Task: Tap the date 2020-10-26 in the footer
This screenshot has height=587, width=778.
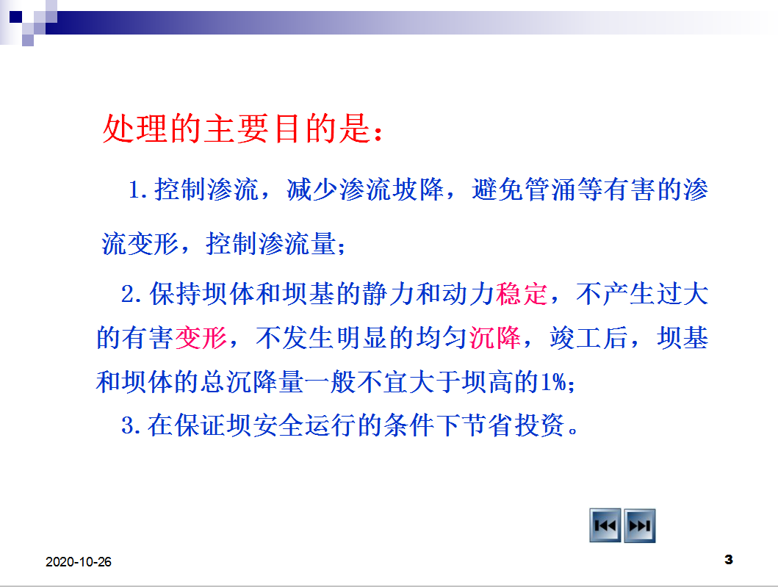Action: (x=79, y=562)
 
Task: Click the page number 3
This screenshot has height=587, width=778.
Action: (x=728, y=560)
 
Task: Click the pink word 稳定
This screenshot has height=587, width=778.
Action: (x=522, y=294)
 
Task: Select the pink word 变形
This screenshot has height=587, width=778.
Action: (x=201, y=338)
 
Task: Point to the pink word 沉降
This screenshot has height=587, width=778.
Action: (x=495, y=338)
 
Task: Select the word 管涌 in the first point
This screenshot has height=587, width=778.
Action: (x=551, y=190)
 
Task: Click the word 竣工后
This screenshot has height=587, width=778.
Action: (x=589, y=338)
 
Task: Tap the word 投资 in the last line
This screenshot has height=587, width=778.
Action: (x=539, y=425)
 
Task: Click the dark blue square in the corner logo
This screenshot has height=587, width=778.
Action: (x=15, y=17)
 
